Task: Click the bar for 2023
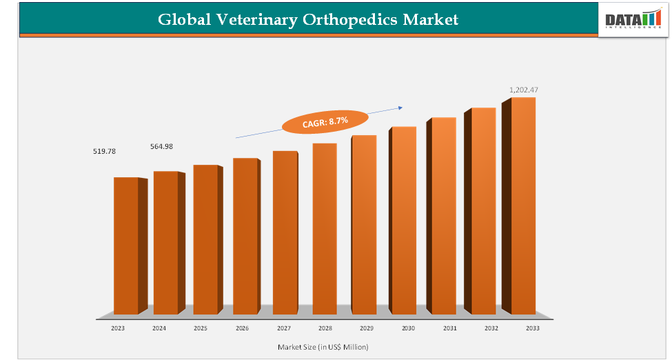coord(126,245)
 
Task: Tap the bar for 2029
coord(364,224)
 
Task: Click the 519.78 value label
coord(104,151)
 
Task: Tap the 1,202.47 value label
coord(523,90)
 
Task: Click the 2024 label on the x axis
coord(159,329)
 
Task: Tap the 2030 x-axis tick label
coord(408,329)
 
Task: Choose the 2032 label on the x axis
coord(491,329)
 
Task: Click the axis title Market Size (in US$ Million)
coord(323,346)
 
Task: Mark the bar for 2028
coord(325,228)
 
